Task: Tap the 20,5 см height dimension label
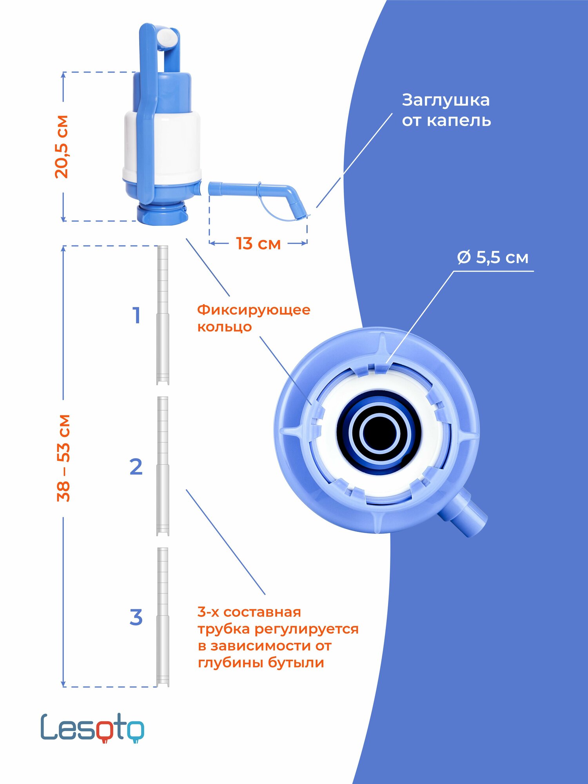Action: [62, 147]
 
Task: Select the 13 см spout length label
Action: [258, 243]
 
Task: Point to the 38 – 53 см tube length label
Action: [63, 458]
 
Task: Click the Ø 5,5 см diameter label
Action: [493, 258]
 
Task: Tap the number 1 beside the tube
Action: [136, 316]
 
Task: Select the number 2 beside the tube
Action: [136, 466]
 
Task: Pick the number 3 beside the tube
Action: [136, 617]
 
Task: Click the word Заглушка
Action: [446, 101]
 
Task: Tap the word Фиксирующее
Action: [254, 310]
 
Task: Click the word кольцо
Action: [224, 327]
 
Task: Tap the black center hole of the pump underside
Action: [379, 433]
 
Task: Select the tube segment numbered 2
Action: [163, 466]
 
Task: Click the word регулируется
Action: [307, 629]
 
